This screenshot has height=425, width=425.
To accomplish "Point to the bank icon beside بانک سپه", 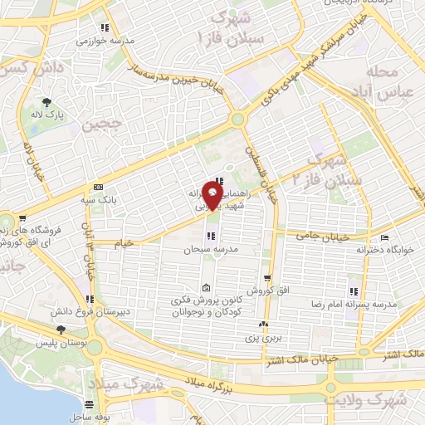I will coord(99,186).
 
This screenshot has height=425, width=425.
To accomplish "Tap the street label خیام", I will coord(122,242).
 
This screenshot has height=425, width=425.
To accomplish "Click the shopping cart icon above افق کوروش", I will coord(266,278).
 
